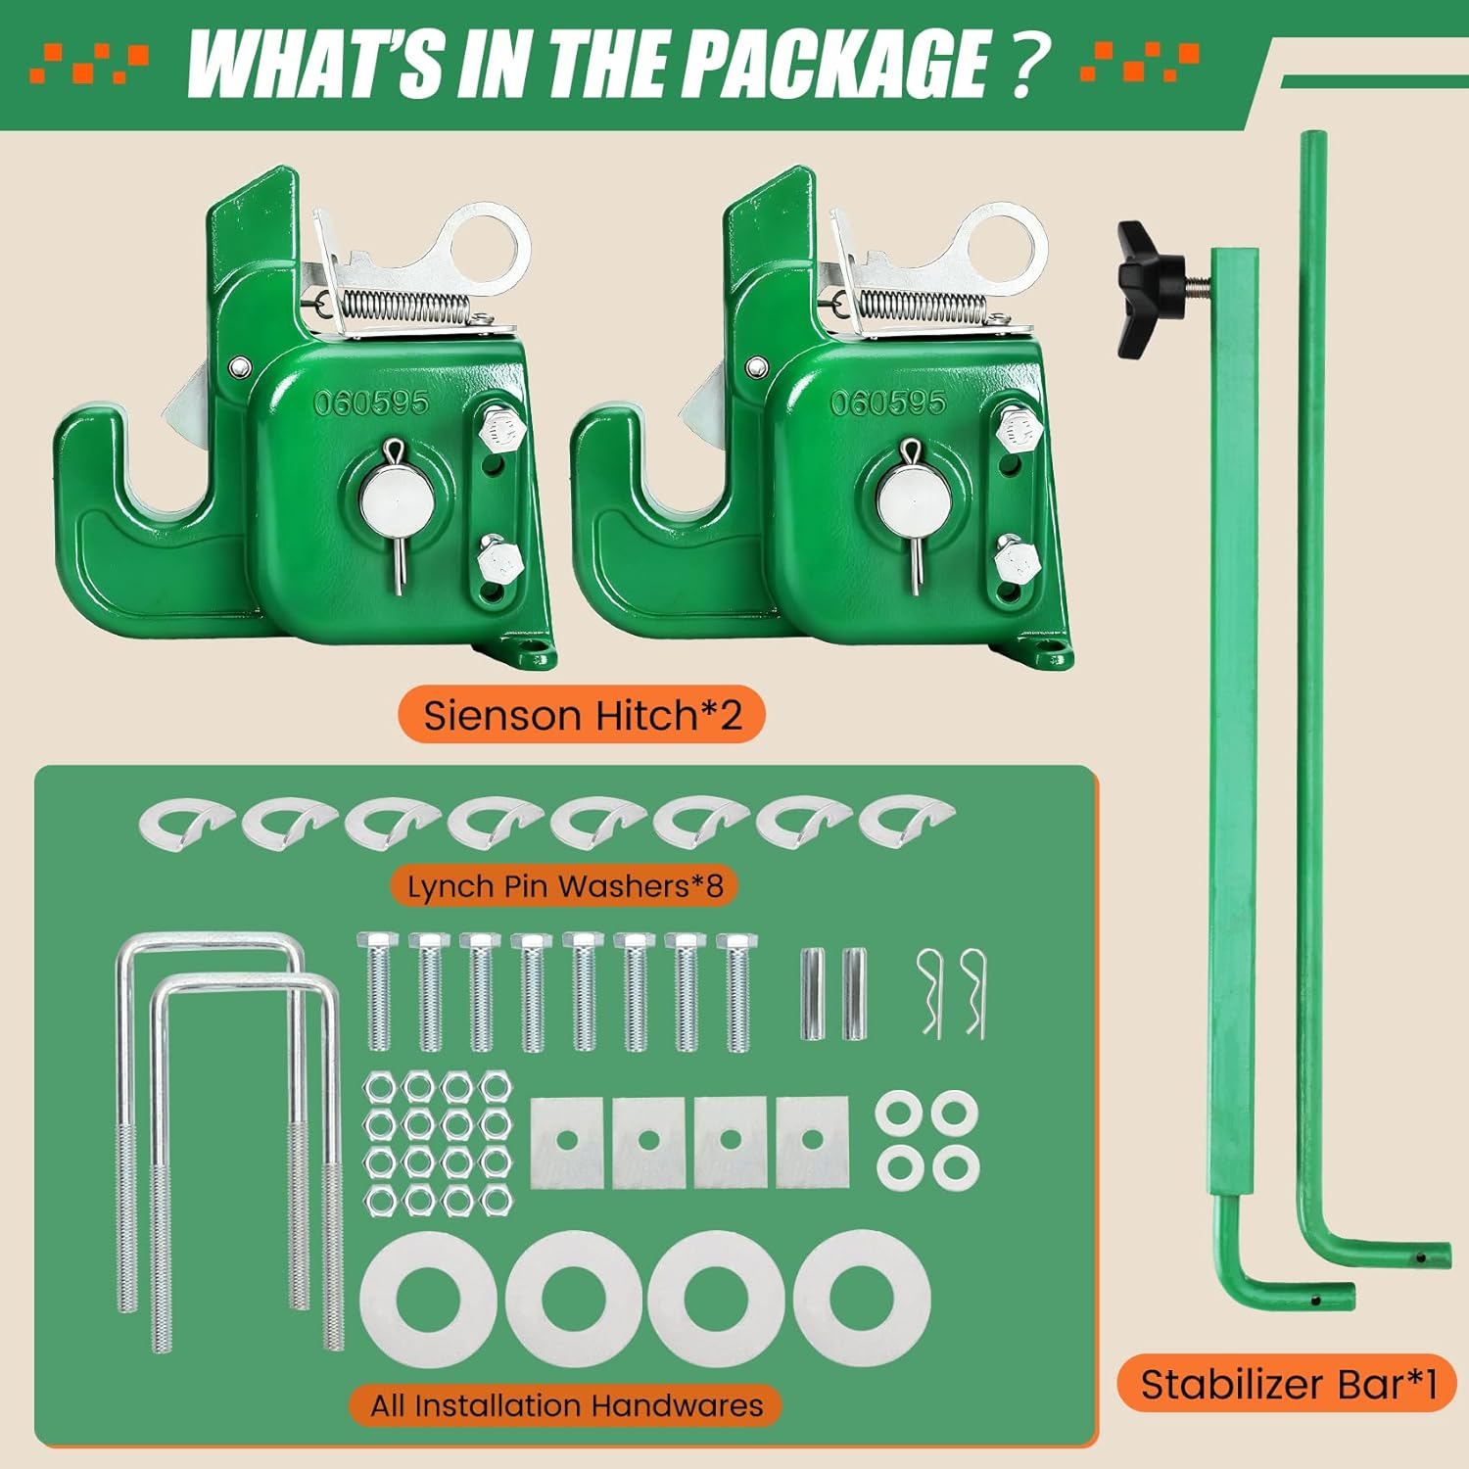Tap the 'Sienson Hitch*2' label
[582, 716]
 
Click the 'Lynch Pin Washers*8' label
[565, 886]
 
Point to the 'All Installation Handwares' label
[566, 1405]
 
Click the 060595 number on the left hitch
[371, 403]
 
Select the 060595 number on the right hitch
[888, 403]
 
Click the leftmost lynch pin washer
[186, 823]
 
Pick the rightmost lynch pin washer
[906, 823]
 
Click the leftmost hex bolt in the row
[377, 991]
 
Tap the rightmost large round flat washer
[861, 1299]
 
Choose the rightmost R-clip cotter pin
[973, 991]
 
